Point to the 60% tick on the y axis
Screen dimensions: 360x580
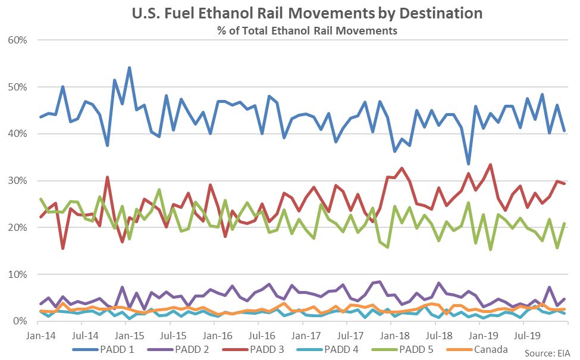[x=20, y=40]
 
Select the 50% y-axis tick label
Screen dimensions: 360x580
[x=20, y=87]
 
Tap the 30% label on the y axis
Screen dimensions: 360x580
[x=20, y=181]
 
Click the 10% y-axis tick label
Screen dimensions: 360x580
[x=20, y=274]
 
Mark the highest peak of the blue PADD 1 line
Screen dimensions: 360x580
[x=129, y=68]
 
